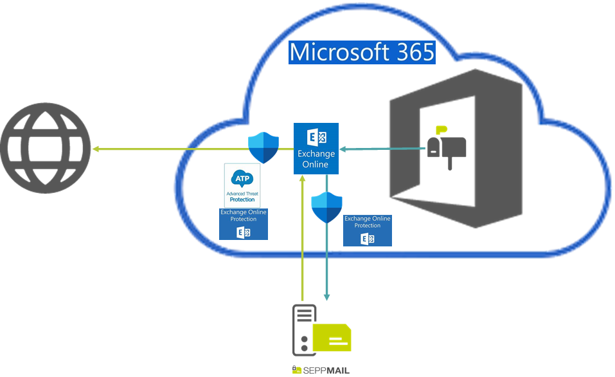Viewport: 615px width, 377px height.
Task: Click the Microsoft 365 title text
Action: (362, 52)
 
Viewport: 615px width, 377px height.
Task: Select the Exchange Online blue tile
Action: (316, 149)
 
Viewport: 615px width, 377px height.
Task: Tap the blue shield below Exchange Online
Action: (326, 207)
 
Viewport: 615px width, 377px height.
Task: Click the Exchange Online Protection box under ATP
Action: (244, 224)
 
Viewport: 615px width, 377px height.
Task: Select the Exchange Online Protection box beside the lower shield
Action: (367, 230)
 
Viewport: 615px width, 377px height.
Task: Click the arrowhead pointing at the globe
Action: (96, 149)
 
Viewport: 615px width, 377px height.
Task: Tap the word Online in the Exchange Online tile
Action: (316, 164)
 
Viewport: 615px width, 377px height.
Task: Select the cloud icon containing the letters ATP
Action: (242, 177)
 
